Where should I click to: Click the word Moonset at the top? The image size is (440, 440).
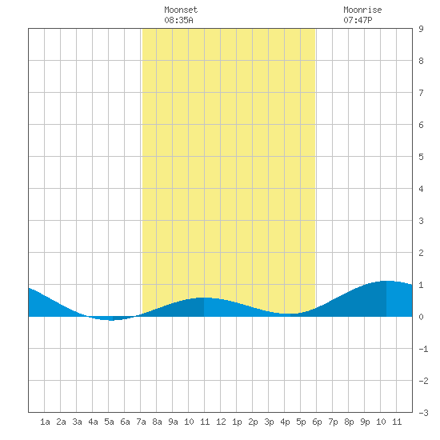click(181, 10)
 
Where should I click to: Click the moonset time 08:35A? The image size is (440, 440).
click(178, 20)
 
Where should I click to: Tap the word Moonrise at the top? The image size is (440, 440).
click(362, 10)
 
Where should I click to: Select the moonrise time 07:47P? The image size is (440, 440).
click(358, 20)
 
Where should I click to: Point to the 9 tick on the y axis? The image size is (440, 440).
click(421, 29)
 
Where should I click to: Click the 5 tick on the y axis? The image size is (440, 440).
click(421, 157)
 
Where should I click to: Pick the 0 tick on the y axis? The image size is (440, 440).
click(421, 317)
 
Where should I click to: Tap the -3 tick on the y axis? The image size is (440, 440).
click(423, 413)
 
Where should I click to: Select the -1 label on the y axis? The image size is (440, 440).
click(423, 349)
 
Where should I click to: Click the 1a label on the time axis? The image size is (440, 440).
click(45, 422)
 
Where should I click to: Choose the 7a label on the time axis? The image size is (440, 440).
click(141, 422)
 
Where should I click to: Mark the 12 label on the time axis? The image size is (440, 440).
click(221, 422)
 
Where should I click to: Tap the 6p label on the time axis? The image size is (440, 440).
click(317, 422)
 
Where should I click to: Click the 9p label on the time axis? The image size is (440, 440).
click(365, 422)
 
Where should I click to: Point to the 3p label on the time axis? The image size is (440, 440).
click(269, 422)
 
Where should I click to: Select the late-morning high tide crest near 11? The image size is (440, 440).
click(204, 298)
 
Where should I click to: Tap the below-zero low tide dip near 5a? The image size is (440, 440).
click(112, 320)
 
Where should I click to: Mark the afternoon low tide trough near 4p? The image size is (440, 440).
click(290, 314)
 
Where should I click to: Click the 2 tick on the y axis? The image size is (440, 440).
click(421, 253)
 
